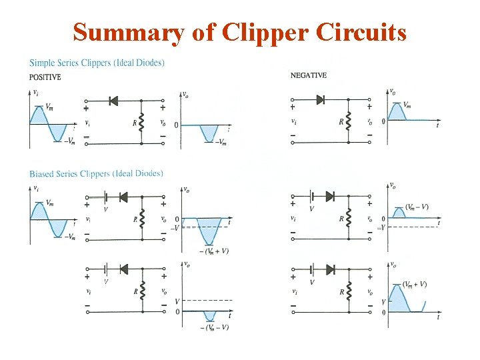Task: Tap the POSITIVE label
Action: click(45, 77)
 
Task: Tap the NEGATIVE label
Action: click(309, 75)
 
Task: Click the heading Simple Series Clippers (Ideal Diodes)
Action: click(97, 63)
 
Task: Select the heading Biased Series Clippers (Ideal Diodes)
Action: click(96, 174)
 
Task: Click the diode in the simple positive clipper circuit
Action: click(113, 101)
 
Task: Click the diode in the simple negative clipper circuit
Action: click(320, 100)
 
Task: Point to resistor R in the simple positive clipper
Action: click(142, 122)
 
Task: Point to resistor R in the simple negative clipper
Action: click(349, 122)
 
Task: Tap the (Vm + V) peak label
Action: click(415, 284)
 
